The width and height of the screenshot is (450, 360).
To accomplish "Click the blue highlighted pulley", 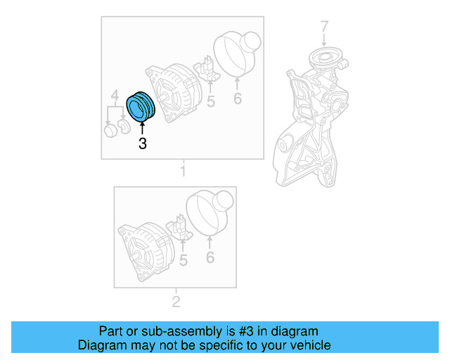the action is [141, 107].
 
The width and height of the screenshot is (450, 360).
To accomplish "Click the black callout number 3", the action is [142, 143].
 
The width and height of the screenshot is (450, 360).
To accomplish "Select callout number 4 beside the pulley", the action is [115, 95].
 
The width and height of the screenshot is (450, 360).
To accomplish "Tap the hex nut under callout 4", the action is [110, 131].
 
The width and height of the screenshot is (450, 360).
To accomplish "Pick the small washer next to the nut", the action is [124, 127].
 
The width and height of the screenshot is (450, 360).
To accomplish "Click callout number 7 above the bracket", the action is [324, 26].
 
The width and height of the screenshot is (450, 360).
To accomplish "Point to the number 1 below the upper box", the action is [183, 171].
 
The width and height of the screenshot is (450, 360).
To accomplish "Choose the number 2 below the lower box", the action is [176, 302].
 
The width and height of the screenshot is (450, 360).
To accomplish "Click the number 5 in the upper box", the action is [211, 101].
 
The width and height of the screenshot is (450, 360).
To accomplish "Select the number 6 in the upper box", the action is [238, 98].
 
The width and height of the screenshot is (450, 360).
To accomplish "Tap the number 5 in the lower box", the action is [183, 260].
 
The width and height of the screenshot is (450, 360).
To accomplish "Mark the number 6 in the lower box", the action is [210, 257].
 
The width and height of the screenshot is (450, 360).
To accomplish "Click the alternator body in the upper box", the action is [173, 93].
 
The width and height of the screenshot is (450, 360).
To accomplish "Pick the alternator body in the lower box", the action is [146, 251].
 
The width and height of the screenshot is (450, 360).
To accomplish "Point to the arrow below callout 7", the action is [324, 39].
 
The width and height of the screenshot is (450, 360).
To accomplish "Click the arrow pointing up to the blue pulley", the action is [142, 128].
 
